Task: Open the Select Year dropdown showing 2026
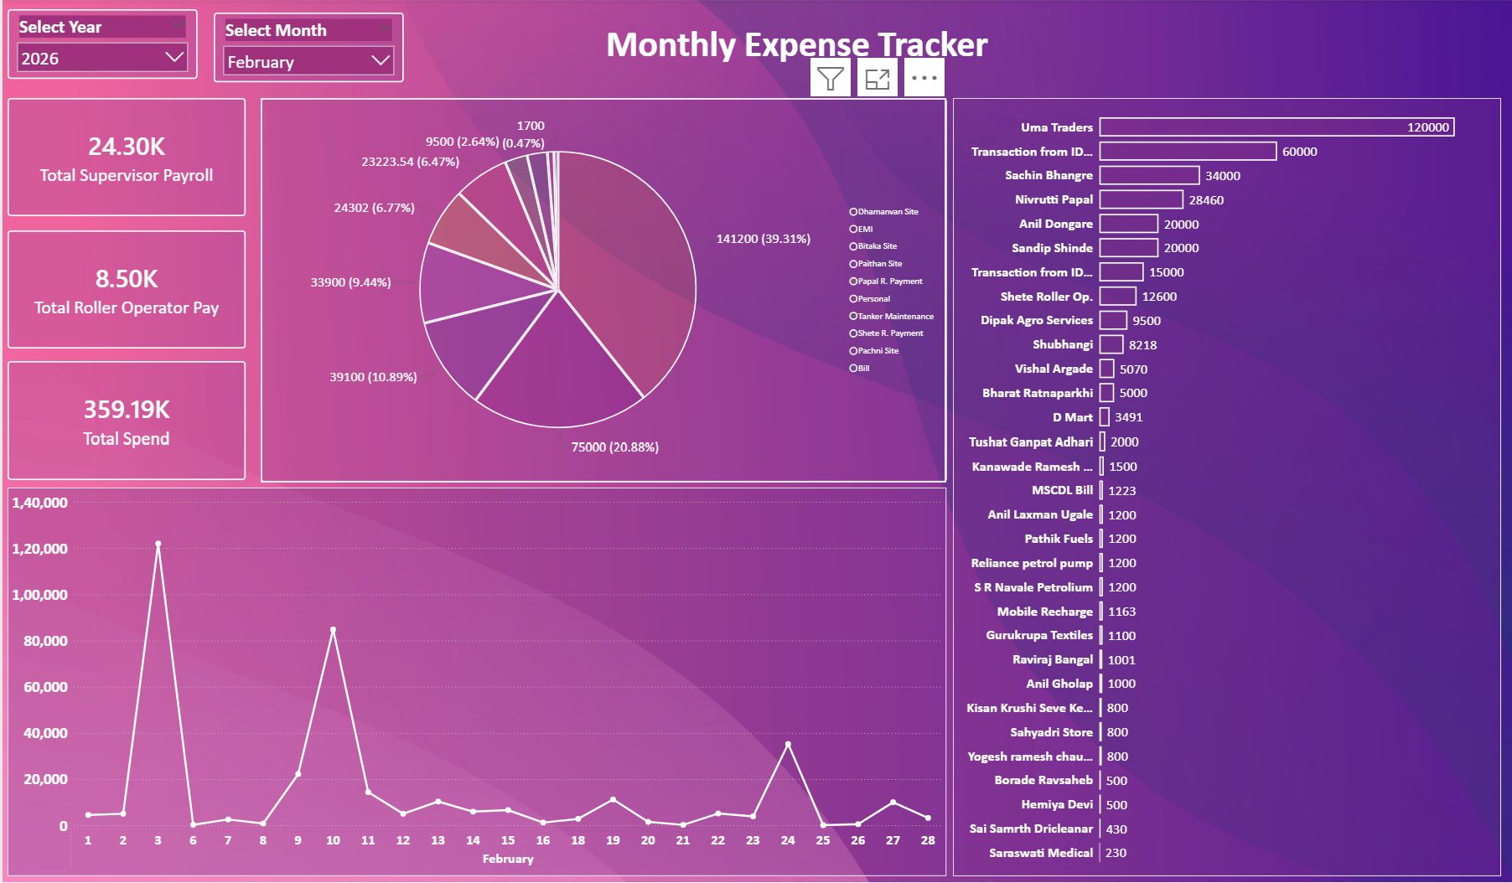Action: click(101, 58)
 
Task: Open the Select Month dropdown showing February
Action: click(308, 61)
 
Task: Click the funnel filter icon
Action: click(830, 79)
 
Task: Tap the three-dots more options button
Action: click(924, 79)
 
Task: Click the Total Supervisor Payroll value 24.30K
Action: click(127, 147)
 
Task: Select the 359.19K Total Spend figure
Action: click(127, 410)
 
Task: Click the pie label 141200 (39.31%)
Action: click(763, 239)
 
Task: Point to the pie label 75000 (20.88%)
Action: click(614, 447)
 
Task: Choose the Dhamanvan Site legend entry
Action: click(887, 212)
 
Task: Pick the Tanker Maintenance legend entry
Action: click(894, 317)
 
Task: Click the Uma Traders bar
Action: click(1276, 127)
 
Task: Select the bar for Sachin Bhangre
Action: click(1149, 175)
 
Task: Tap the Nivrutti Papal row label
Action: click(1054, 199)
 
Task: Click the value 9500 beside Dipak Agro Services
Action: click(1146, 321)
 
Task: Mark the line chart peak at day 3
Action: click(158, 545)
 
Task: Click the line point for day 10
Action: click(333, 630)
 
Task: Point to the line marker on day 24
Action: click(788, 744)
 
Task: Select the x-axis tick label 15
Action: click(508, 840)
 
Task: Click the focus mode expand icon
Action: click(877, 79)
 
